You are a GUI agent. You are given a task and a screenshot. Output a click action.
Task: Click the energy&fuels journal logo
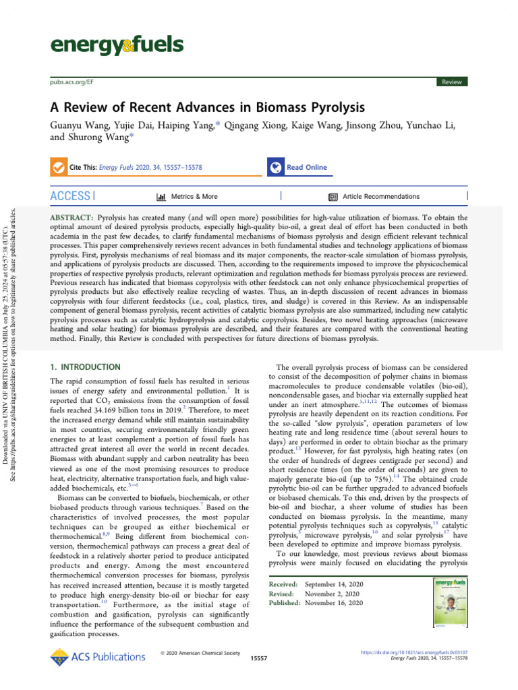pos(117,45)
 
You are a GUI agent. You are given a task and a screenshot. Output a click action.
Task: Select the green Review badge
pos(451,82)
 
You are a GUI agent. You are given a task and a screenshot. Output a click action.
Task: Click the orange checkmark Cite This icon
pos(59,167)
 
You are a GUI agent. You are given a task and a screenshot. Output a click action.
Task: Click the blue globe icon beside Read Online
pos(275,167)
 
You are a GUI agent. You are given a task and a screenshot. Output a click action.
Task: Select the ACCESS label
pos(69,196)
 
